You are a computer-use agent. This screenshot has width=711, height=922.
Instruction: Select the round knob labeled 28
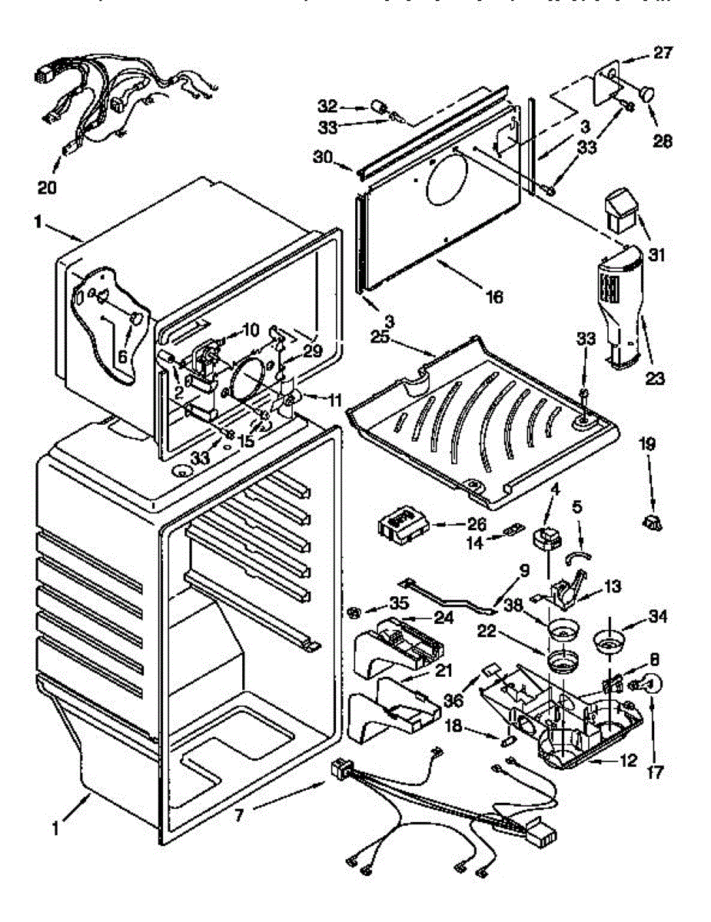(x=647, y=93)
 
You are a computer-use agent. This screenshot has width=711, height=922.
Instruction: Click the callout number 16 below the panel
(x=494, y=295)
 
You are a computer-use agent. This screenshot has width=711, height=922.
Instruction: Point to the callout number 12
(x=627, y=761)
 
